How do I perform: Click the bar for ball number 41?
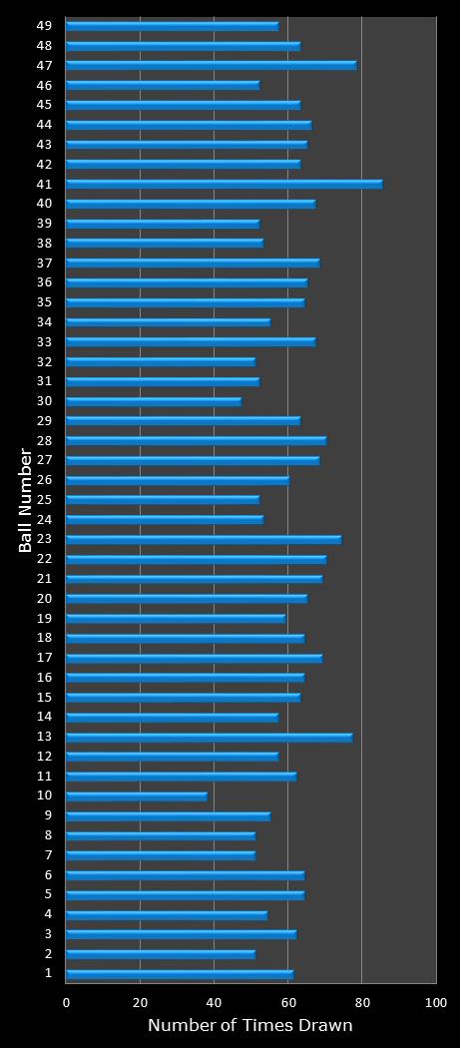point(224,184)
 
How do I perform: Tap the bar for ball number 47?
point(211,65)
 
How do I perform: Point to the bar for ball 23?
point(204,539)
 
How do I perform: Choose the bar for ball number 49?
point(172,26)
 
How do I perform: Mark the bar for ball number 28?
point(196,440)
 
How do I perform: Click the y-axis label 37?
point(45,262)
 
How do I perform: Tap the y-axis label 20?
point(45,598)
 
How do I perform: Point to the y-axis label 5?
point(49,894)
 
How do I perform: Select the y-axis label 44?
point(45,124)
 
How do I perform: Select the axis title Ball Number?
point(27,500)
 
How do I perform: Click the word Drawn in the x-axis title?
point(327,1026)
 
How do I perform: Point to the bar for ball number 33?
point(191,341)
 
